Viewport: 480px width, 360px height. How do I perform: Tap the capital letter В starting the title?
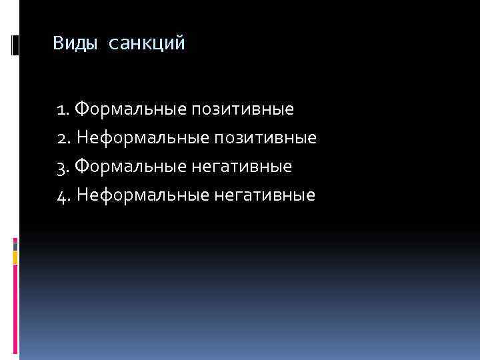(x=59, y=44)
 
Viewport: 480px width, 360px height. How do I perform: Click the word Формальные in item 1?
(x=131, y=108)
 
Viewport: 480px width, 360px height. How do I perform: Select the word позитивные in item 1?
(x=243, y=108)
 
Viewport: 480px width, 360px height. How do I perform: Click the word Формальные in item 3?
(x=132, y=166)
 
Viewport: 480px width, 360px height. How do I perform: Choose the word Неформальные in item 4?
(x=141, y=195)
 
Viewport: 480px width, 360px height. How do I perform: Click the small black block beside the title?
(x=15, y=45)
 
